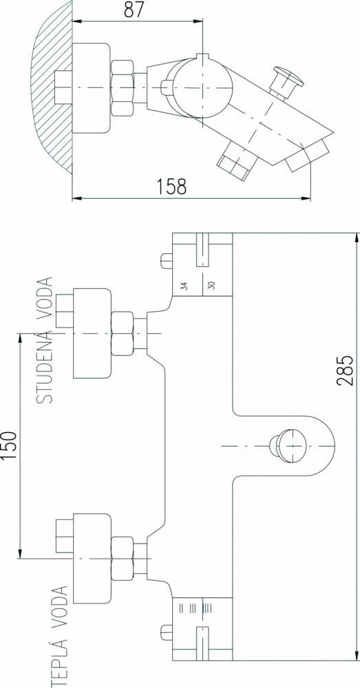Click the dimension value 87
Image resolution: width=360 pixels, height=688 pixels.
[x=134, y=10]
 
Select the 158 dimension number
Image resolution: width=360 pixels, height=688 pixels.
[x=171, y=186]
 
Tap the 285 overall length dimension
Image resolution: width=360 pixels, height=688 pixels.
[x=345, y=370]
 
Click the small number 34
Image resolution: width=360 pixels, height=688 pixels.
[x=185, y=286]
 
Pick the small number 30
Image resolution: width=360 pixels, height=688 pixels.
[x=211, y=286]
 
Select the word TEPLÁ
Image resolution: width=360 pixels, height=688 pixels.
[x=61, y=662]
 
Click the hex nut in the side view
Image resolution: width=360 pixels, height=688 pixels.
[x=122, y=88]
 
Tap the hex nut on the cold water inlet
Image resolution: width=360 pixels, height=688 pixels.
[x=122, y=334]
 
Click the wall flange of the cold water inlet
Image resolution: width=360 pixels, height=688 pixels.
[x=92, y=334]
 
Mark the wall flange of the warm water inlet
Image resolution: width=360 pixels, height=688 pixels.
[x=92, y=558]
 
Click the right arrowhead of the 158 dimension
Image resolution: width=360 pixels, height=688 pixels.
[x=307, y=199]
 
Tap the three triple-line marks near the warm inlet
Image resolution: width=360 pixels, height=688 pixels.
[x=195, y=609]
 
